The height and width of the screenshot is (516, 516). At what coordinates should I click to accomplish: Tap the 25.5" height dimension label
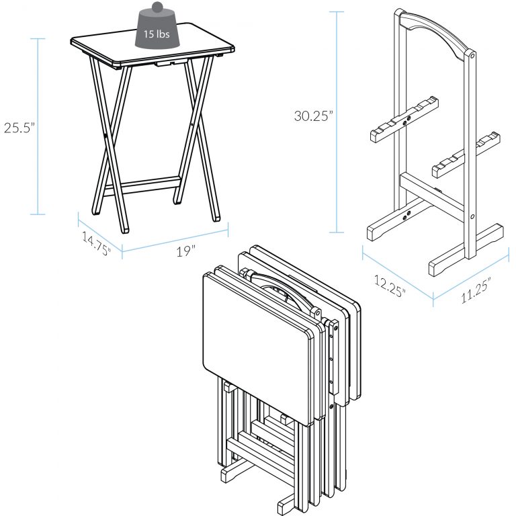[x=18, y=128]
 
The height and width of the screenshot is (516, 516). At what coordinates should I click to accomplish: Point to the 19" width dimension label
[x=185, y=250]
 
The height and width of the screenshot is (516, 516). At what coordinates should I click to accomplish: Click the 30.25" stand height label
[x=313, y=116]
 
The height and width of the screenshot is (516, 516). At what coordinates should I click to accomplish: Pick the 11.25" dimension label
[x=475, y=290]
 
